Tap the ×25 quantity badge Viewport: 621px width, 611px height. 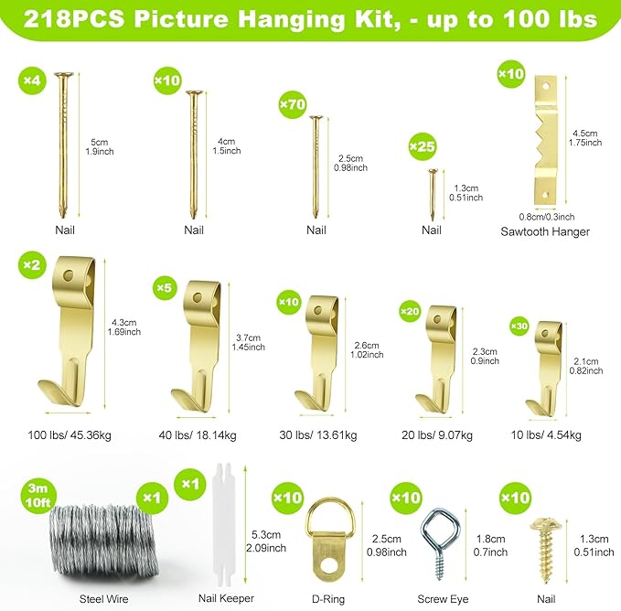tap(422, 146)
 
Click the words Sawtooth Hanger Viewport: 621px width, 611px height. tap(544, 231)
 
